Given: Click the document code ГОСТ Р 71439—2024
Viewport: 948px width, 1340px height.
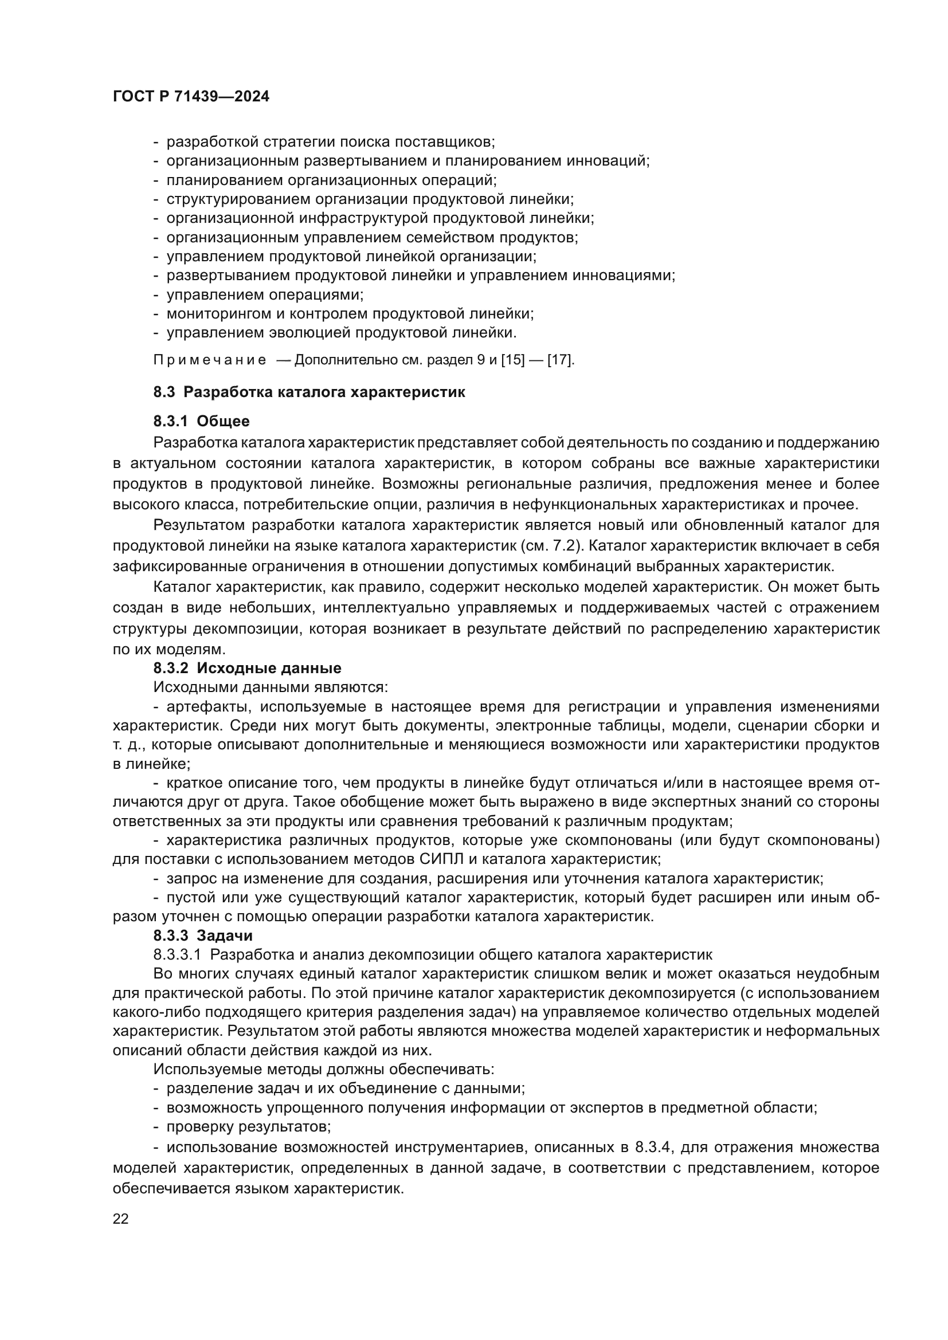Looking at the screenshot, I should tap(191, 97).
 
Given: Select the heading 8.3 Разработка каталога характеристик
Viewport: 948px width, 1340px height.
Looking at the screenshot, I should tap(309, 392).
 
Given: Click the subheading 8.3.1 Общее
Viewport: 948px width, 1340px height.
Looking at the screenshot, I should tap(201, 421).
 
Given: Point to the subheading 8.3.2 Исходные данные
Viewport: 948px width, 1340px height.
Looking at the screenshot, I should tap(247, 667).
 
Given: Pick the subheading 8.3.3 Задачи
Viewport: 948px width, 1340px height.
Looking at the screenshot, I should tap(202, 935).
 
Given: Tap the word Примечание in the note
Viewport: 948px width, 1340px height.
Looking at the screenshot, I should tap(210, 360).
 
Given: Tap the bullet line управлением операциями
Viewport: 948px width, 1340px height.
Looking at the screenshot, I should tap(264, 294).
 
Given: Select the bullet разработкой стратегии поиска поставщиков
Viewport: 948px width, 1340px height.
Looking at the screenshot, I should tap(330, 142).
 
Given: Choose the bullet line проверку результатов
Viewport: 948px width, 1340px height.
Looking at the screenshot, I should tap(249, 1126).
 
